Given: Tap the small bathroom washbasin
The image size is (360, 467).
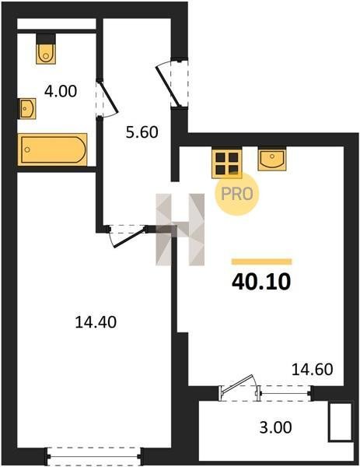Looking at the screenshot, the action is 27,108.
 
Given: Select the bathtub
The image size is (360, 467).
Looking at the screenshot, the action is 53,149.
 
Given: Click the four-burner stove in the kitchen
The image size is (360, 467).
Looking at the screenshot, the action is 227,163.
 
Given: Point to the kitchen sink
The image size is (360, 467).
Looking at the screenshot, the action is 272,160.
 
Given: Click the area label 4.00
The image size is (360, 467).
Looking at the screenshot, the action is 61,91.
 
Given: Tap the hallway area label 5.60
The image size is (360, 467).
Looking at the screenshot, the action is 142,132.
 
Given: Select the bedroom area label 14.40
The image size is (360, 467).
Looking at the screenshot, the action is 96,322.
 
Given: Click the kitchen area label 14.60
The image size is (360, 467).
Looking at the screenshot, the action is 312,370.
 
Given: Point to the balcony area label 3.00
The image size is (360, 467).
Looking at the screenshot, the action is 276,427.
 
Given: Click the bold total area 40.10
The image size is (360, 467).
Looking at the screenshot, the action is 261,282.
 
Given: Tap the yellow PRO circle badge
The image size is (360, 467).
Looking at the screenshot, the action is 237,194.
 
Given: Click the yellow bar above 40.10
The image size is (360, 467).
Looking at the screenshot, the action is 262,262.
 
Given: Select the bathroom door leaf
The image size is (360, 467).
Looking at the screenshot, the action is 108,97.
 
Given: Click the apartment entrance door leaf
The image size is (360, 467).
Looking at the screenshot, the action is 168,86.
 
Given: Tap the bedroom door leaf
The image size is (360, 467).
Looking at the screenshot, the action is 129,237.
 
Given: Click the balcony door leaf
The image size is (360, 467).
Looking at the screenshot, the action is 238,384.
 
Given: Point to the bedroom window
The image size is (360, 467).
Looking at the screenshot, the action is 94,455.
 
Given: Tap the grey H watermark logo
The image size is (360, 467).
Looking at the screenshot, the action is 180,230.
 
